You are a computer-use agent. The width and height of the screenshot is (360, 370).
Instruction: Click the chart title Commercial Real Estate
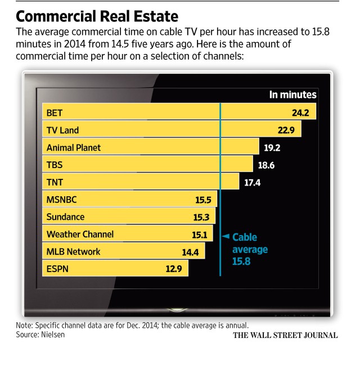click(x=97, y=16)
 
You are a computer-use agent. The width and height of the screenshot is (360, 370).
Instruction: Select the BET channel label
click(x=55, y=113)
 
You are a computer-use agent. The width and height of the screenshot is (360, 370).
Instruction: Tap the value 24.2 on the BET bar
click(x=300, y=113)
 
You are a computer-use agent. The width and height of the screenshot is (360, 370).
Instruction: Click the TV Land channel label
click(x=62, y=130)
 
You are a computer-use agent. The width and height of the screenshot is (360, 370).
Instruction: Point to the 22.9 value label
click(x=286, y=130)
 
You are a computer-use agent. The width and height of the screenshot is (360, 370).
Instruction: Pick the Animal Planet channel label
click(x=74, y=148)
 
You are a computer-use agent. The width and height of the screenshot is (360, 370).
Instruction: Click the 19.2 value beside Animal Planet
click(x=272, y=148)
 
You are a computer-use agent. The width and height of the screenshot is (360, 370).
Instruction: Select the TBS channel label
click(x=55, y=165)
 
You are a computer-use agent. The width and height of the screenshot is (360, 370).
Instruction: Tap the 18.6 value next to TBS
click(x=266, y=165)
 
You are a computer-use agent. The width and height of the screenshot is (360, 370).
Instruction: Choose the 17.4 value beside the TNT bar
click(x=253, y=183)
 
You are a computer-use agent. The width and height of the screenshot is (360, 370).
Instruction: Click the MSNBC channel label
click(x=62, y=200)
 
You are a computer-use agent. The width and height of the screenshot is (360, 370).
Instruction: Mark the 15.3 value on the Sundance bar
click(x=201, y=217)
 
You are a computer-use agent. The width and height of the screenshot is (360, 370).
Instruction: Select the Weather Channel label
click(x=80, y=234)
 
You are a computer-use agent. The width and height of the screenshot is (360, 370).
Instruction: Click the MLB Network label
click(x=74, y=251)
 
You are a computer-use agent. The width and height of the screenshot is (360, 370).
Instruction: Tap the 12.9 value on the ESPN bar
click(x=174, y=269)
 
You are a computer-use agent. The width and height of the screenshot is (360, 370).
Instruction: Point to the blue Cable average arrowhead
click(x=226, y=236)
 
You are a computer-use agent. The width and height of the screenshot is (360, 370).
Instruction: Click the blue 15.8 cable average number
click(x=241, y=261)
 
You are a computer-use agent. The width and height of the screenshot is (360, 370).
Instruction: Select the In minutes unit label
click(x=292, y=94)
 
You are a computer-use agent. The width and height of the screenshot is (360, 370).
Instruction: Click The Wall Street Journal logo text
click(x=285, y=335)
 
